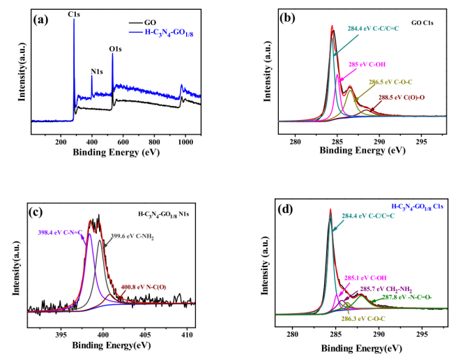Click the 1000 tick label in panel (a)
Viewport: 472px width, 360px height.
tap(185, 141)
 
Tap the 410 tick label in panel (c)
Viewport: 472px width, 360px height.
tap(186, 316)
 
